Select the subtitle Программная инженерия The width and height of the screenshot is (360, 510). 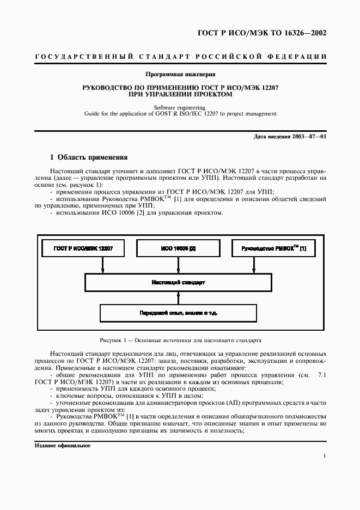[x=180, y=74]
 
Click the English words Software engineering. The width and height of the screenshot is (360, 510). [x=180, y=107]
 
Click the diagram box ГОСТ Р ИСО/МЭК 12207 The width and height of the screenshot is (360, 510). [x=83, y=248]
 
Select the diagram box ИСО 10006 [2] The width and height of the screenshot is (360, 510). [x=178, y=248]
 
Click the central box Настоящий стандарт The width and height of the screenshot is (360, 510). [x=178, y=283]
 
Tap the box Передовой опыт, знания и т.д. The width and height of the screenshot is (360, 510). [x=178, y=313]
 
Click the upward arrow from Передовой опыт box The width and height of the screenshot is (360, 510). [x=178, y=298]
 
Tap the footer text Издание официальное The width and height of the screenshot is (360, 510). [x=63, y=446]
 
